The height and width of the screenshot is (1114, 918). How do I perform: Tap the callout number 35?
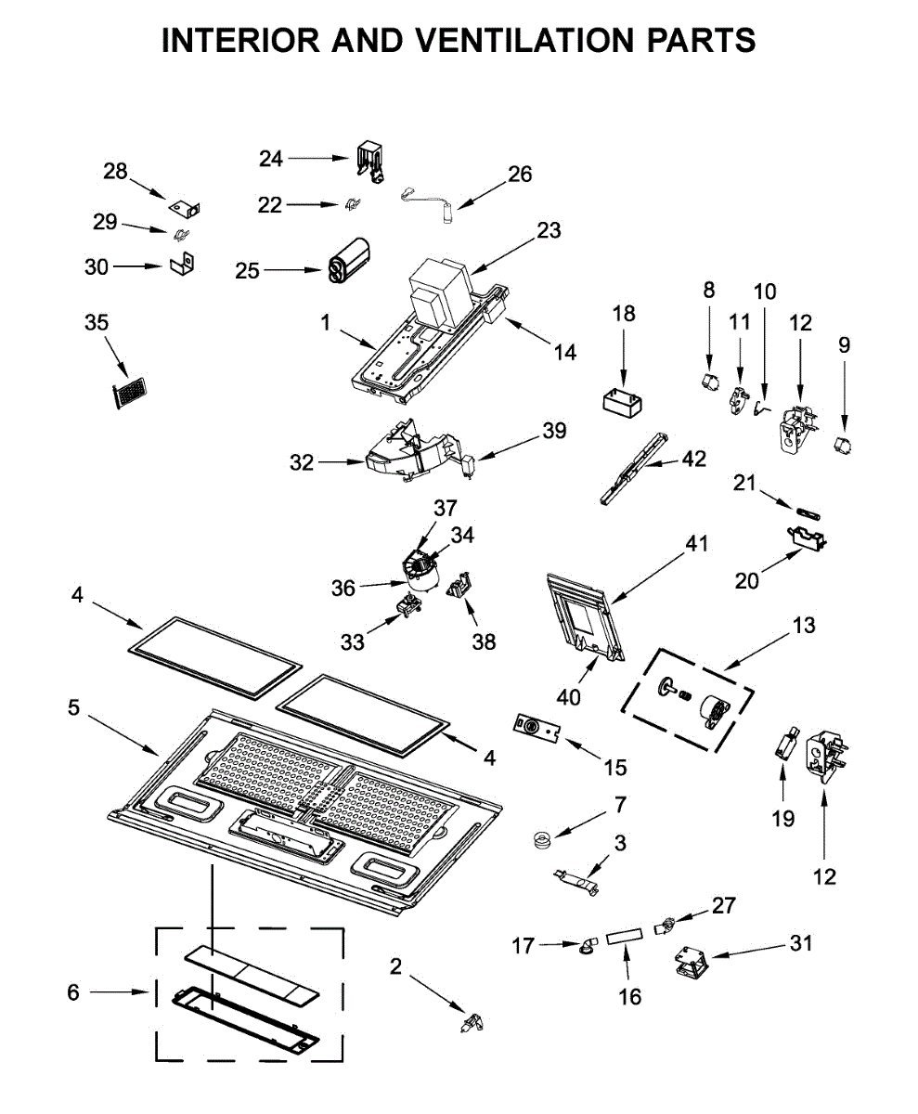pos(96,322)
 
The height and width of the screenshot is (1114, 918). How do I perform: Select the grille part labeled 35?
pos(126,393)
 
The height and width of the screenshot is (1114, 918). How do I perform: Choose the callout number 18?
pos(624,313)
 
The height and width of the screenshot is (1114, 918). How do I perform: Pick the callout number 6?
pos(73,992)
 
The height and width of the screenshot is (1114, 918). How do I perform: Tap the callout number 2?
pos(395,966)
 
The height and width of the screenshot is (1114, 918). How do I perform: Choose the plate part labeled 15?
pos(539,729)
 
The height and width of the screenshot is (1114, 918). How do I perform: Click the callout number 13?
pos(804,625)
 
